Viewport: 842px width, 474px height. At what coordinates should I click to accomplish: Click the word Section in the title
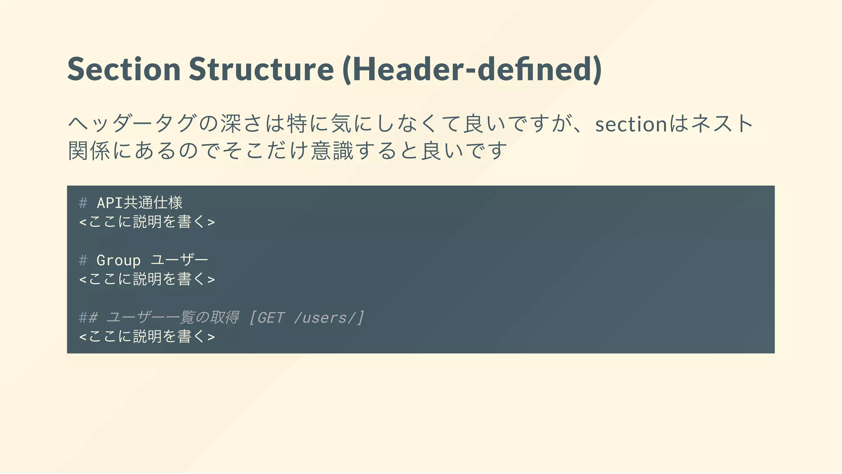coord(124,69)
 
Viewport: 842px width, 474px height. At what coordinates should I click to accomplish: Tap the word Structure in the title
coord(261,69)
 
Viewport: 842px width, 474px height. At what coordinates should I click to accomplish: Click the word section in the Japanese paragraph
coord(631,124)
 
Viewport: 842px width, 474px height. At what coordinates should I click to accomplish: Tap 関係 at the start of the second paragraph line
coord(89,151)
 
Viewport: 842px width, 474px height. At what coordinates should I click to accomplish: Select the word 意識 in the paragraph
coord(332,151)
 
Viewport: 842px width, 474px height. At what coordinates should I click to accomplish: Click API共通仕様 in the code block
coord(140,202)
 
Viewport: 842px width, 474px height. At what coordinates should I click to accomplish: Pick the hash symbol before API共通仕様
coord(83,203)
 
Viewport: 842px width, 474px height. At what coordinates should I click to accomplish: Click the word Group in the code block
coord(118,260)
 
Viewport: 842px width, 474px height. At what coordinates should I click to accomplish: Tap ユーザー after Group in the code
coord(180,260)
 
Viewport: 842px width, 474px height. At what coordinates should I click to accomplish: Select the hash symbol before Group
coord(83,260)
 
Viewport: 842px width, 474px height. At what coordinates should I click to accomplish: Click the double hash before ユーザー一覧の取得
coord(88,318)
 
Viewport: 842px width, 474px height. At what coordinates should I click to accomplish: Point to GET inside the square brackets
coord(271,318)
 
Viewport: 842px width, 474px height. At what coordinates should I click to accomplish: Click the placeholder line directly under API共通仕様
coord(147,222)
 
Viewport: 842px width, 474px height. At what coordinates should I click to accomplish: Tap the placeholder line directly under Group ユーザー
coord(147,279)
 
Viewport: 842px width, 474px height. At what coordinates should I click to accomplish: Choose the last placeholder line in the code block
coord(147,337)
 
